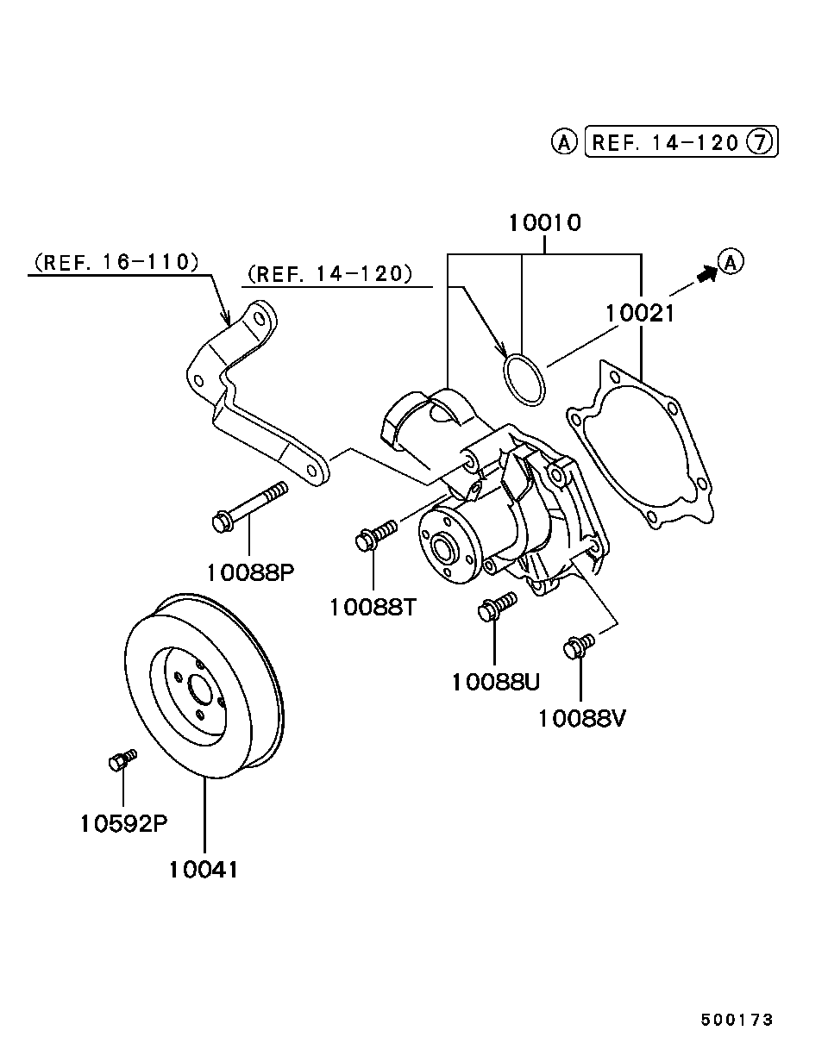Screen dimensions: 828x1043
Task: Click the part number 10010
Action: (544, 223)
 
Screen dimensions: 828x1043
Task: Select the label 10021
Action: (640, 314)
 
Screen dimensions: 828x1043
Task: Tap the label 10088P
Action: (251, 573)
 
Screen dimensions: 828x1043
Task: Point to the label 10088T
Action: (373, 607)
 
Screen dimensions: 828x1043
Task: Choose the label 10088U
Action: (496, 683)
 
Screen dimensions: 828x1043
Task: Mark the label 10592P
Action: (123, 823)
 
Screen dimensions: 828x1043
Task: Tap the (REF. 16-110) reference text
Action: (116, 262)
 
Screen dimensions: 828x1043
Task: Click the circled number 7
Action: (760, 142)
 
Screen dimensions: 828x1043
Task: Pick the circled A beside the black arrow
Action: (731, 262)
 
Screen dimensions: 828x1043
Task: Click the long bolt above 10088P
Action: (250, 508)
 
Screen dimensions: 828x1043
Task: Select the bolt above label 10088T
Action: (376, 535)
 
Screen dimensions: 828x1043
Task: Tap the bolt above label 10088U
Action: (498, 606)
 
